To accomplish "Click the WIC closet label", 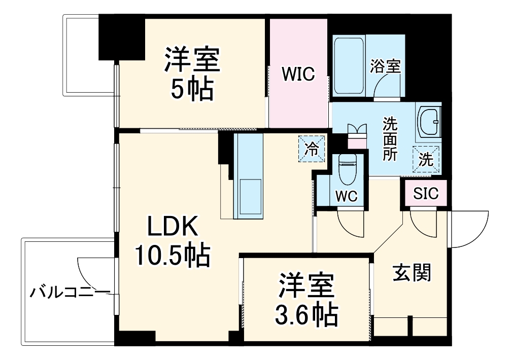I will [x=299, y=74].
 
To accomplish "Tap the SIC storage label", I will [x=426, y=193].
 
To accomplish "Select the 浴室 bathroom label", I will [x=385, y=66].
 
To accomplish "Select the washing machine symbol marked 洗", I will [x=426, y=160].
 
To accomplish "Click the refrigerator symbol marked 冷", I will [x=312, y=149].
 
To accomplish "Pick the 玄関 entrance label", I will [x=412, y=273].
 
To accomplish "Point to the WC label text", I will [x=347, y=196].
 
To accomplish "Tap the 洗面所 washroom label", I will [x=390, y=139].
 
